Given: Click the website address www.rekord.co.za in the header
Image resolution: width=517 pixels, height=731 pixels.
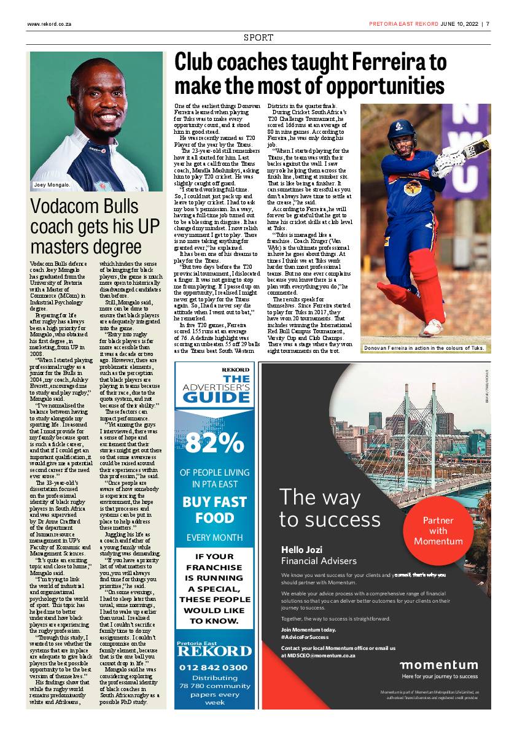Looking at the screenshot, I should (50, 25).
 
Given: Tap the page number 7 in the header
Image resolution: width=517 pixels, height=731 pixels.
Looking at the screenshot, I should (488, 25).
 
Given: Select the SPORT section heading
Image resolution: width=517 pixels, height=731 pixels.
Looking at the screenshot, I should (258, 38).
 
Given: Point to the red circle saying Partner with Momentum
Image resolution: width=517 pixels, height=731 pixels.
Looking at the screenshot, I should (438, 530).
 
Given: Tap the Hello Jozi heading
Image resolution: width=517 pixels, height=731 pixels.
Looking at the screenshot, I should (301, 549).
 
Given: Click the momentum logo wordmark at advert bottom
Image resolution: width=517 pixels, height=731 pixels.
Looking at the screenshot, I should (438, 665).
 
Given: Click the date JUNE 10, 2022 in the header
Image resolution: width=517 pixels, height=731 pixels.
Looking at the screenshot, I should (460, 25).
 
